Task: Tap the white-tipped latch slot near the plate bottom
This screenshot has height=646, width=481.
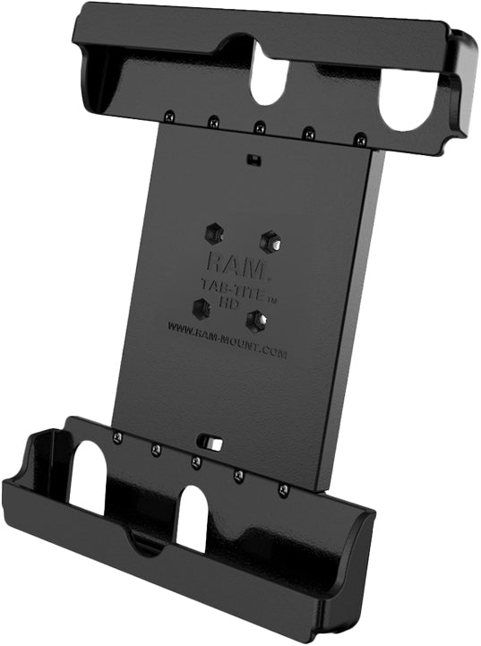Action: coord(211,444)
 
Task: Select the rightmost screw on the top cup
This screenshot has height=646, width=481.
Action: coord(359,139)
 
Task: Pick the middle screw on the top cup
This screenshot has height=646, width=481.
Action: coord(259,126)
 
